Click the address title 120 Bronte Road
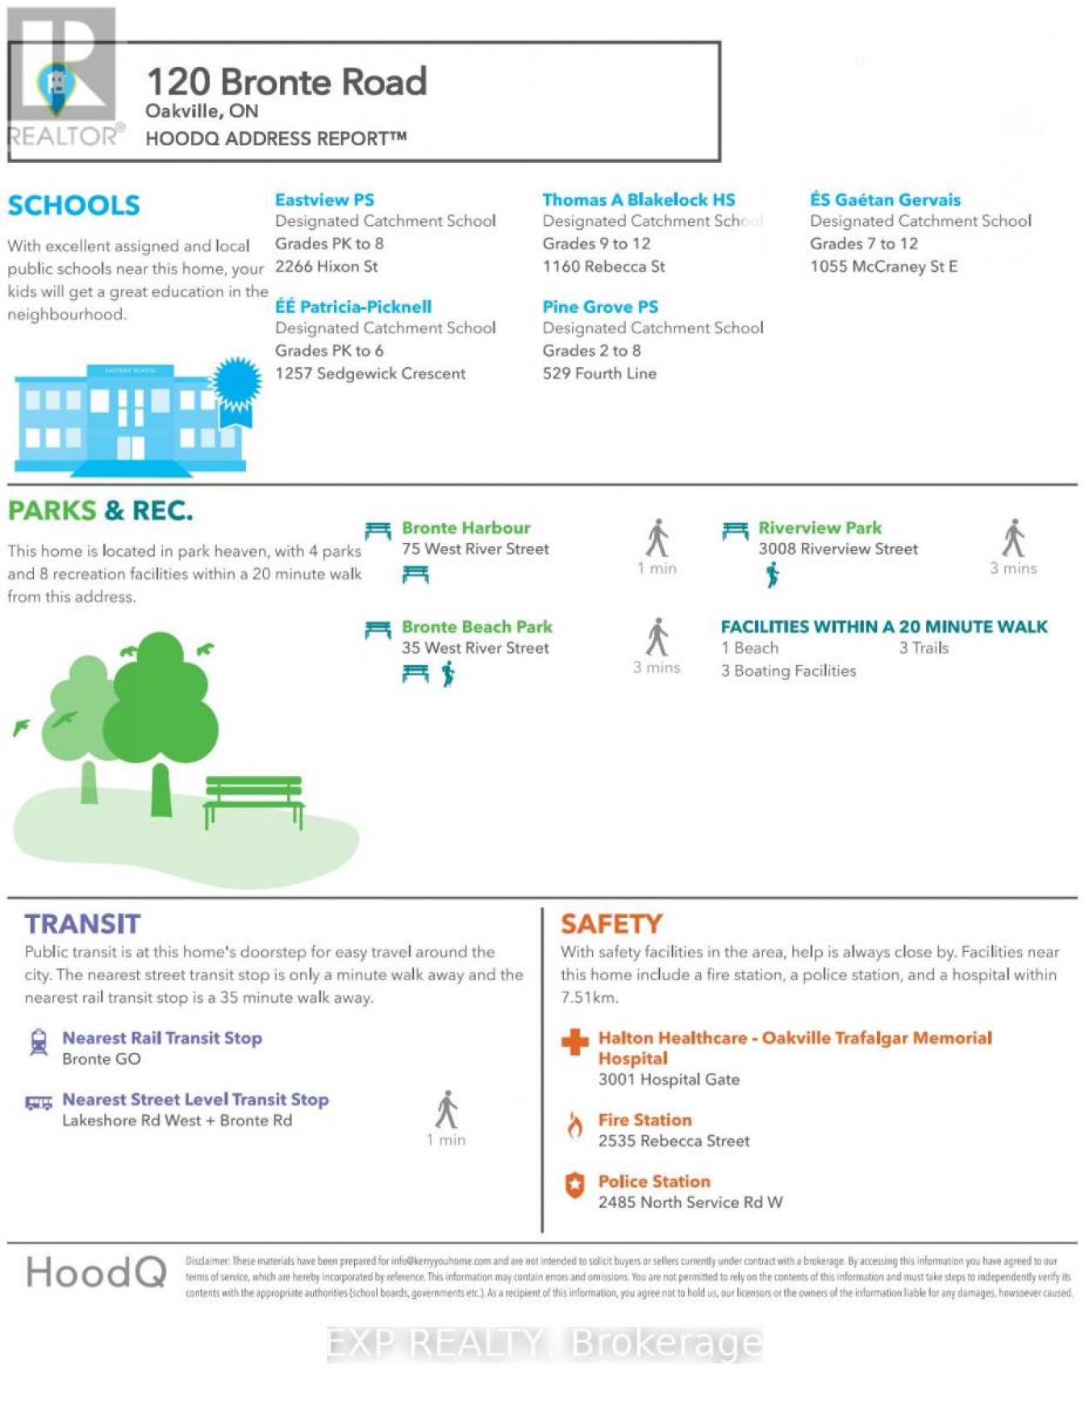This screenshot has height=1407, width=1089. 286,82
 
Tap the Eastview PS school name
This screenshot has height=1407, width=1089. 324,200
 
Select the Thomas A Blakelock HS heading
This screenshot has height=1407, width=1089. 638,200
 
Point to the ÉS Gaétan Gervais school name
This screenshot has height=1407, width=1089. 885,200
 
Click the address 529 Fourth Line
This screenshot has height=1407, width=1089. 599,374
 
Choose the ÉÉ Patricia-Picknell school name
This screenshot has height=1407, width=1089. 353,307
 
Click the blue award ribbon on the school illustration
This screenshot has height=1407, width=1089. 236,386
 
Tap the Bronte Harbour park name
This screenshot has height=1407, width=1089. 465,528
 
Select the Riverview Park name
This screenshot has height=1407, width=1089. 820,528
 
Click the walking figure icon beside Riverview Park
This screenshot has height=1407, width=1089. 1013,538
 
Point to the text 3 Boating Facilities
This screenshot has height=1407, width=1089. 788,671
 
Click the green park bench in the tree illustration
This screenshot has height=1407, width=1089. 253,798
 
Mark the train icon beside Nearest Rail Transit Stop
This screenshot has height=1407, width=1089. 38,1042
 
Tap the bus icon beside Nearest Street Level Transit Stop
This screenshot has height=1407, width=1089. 38,1103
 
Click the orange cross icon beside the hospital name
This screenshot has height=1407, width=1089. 574,1042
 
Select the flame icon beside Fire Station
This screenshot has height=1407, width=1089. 574,1125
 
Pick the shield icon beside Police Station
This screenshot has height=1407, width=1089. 574,1185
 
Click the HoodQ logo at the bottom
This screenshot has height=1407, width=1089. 96,1273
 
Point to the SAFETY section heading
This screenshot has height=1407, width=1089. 611,924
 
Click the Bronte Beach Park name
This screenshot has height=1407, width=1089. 477,627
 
